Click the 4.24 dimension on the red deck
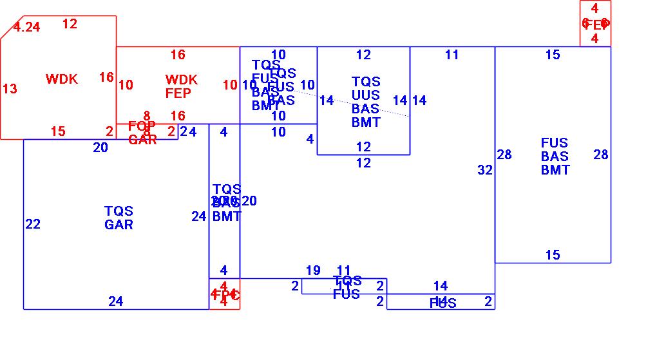(26, 27)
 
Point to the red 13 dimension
(10, 89)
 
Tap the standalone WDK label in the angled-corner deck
(62, 79)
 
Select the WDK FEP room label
(181, 86)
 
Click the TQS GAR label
(119, 218)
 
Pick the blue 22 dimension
(33, 224)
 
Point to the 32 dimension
(485, 170)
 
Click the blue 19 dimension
(313, 270)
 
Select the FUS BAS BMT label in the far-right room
(555, 156)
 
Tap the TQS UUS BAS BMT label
(366, 102)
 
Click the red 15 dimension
(58, 131)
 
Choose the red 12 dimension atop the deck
(70, 24)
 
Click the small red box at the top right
(595, 24)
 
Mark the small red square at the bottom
(224, 294)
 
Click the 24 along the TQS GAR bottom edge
(115, 301)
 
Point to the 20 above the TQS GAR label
(100, 147)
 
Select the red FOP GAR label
(142, 133)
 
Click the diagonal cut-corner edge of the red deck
(12, 28)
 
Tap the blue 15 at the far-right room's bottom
(553, 255)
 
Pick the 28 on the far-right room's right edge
(600, 155)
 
